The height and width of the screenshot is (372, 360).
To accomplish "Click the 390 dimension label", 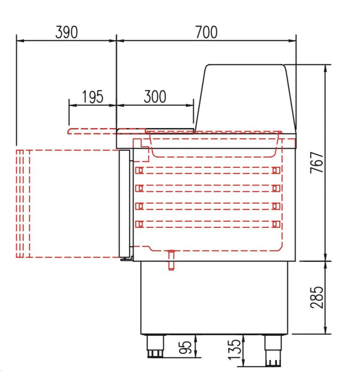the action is pyautogui.click(x=66, y=32).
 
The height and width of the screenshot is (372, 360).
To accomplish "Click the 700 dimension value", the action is pyautogui.click(x=206, y=32).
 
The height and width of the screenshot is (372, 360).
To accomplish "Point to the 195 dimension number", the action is pyautogui.click(x=93, y=97).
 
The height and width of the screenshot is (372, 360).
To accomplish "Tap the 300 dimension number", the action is pyautogui.click(x=155, y=97).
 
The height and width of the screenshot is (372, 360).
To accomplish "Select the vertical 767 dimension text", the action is pyautogui.click(x=317, y=163).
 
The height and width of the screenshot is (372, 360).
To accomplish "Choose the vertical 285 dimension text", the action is pyautogui.click(x=317, y=297).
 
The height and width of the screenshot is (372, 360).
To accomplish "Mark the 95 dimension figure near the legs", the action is pyautogui.click(x=185, y=348).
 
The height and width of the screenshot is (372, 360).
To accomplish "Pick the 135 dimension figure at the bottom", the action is pyautogui.click(x=235, y=350).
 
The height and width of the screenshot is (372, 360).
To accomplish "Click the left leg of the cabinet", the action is pyautogui.click(x=155, y=346).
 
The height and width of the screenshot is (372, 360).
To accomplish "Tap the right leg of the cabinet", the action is pyautogui.click(x=273, y=350).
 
